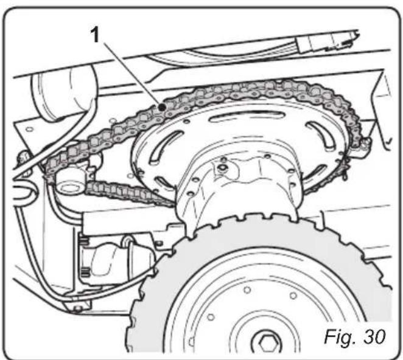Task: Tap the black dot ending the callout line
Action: [x=163, y=107]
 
